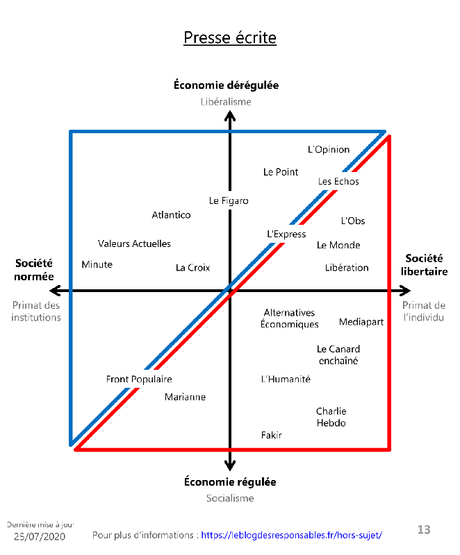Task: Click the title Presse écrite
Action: (x=230, y=37)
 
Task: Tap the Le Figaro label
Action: (x=229, y=201)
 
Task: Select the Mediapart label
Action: (x=361, y=322)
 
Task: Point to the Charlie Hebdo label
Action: (x=331, y=417)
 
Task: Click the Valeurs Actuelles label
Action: (x=134, y=244)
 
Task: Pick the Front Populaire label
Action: (x=139, y=379)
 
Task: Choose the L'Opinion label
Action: (x=329, y=150)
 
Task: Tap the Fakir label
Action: (x=272, y=435)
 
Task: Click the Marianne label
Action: (x=185, y=398)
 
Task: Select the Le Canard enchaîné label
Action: (x=338, y=355)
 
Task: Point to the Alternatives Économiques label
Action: (x=289, y=318)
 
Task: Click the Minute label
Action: (x=97, y=265)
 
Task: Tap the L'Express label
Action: (x=286, y=234)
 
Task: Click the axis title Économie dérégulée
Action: (x=227, y=85)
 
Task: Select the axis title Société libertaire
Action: (x=424, y=265)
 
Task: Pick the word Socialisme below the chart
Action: (x=230, y=498)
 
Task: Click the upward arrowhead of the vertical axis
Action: (x=230, y=116)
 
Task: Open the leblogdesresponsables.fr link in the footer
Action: (x=291, y=535)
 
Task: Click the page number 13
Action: (x=424, y=530)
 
